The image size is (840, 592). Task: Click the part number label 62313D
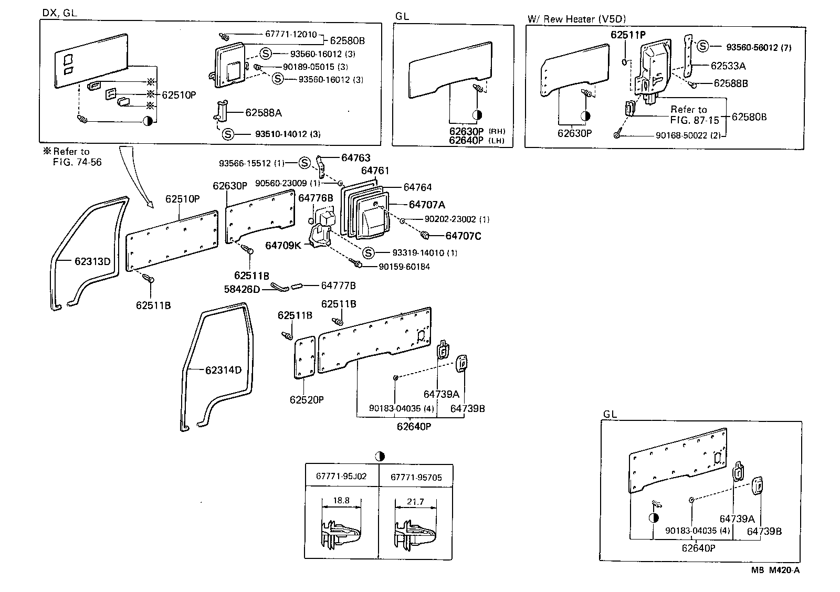tap(92, 261)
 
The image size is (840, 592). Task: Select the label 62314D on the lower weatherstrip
tap(223, 370)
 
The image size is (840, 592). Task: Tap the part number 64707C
tap(463, 236)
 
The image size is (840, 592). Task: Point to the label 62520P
tap(307, 399)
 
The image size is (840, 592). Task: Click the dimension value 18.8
tap(341, 500)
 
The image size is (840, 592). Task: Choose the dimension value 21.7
tap(415, 502)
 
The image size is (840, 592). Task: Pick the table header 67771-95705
tap(416, 477)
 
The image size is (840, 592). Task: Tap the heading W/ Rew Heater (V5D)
tap(576, 19)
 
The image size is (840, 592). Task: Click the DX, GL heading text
tap(59, 13)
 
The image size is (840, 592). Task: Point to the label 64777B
tap(338, 286)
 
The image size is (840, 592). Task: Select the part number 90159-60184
tap(404, 267)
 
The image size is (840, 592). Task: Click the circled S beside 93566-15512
tap(304, 163)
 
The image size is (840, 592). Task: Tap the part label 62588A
tap(264, 113)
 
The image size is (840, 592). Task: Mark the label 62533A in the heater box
tap(728, 66)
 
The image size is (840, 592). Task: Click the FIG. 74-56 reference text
tap(77, 162)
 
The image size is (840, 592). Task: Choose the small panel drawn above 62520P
tap(304, 357)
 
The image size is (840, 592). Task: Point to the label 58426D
tap(242, 289)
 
